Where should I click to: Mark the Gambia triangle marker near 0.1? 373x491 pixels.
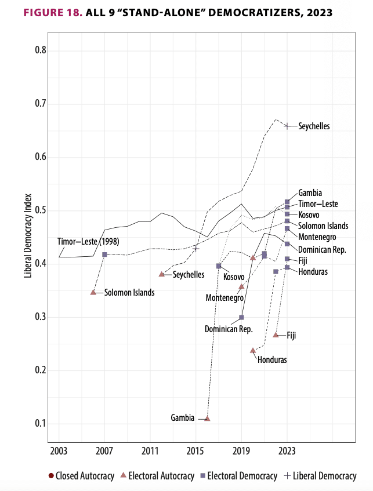(207, 418)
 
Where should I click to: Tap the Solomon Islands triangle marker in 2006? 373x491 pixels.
(93, 292)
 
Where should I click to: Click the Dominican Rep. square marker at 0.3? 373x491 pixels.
(241, 317)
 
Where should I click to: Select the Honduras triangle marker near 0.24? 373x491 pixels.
(253, 350)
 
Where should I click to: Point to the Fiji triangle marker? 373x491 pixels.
(276, 334)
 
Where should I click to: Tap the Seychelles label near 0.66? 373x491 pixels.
(314, 126)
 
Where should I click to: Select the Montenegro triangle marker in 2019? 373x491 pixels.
(241, 286)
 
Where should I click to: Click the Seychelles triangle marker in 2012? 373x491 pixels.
(161, 274)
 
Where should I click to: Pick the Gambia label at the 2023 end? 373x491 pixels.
(310, 193)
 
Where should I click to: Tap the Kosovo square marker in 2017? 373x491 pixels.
(219, 265)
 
